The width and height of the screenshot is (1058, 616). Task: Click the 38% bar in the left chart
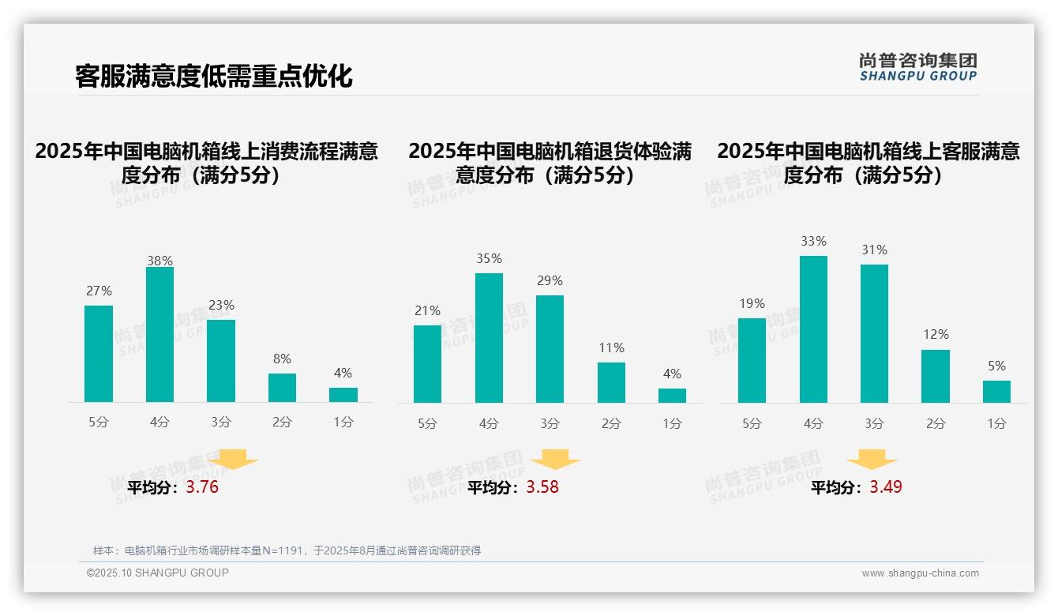point(159,335)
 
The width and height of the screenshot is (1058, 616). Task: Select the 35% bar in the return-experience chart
point(489,338)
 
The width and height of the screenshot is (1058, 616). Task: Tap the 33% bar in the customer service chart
point(813,329)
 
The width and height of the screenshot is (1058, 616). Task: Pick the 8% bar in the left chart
point(282,388)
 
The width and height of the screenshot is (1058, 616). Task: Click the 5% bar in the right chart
point(996,392)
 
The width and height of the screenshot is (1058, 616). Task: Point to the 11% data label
point(611,347)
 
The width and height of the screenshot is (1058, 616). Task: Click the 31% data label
point(874,250)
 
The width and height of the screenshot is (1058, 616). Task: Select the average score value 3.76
point(202,487)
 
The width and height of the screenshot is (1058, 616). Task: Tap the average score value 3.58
point(542,487)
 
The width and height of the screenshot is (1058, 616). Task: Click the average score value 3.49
point(886,487)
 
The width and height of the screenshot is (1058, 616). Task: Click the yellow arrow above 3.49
point(872,460)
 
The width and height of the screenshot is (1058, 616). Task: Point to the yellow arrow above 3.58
point(555,460)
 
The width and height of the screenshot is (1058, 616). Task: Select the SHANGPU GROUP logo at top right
point(918,67)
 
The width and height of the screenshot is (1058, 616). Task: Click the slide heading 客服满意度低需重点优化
point(213,76)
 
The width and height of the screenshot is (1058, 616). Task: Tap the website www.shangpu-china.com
point(920,573)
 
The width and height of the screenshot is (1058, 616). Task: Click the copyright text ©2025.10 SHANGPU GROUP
point(158,573)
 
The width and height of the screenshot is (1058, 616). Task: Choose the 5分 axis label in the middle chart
point(427,423)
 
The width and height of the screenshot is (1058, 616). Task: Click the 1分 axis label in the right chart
point(996,423)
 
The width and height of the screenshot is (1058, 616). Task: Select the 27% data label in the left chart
point(99,291)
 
